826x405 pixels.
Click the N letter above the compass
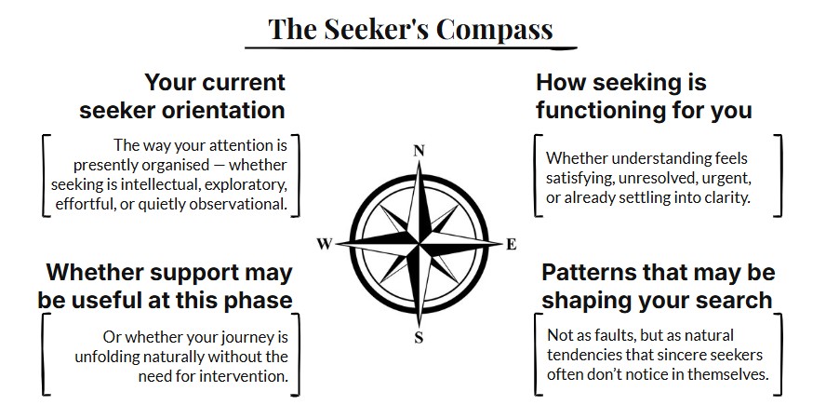(x=419, y=151)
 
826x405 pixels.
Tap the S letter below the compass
(x=419, y=337)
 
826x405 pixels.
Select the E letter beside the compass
(x=511, y=245)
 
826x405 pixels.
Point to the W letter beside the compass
(x=325, y=245)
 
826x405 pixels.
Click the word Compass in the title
(x=494, y=29)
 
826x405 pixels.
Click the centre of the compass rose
(x=419, y=244)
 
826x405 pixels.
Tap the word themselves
(x=722, y=373)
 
